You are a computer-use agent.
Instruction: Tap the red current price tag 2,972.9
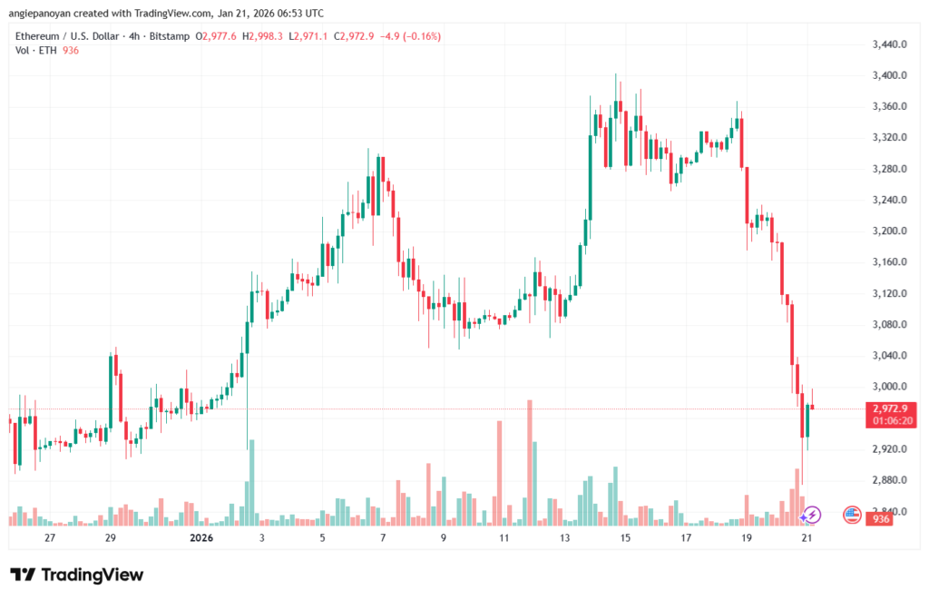(888, 408)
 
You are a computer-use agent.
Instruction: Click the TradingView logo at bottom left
(77, 575)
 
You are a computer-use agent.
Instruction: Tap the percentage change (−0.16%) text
(417, 36)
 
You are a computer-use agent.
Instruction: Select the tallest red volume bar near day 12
(529, 463)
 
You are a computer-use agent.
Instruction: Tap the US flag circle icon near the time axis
(852, 515)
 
